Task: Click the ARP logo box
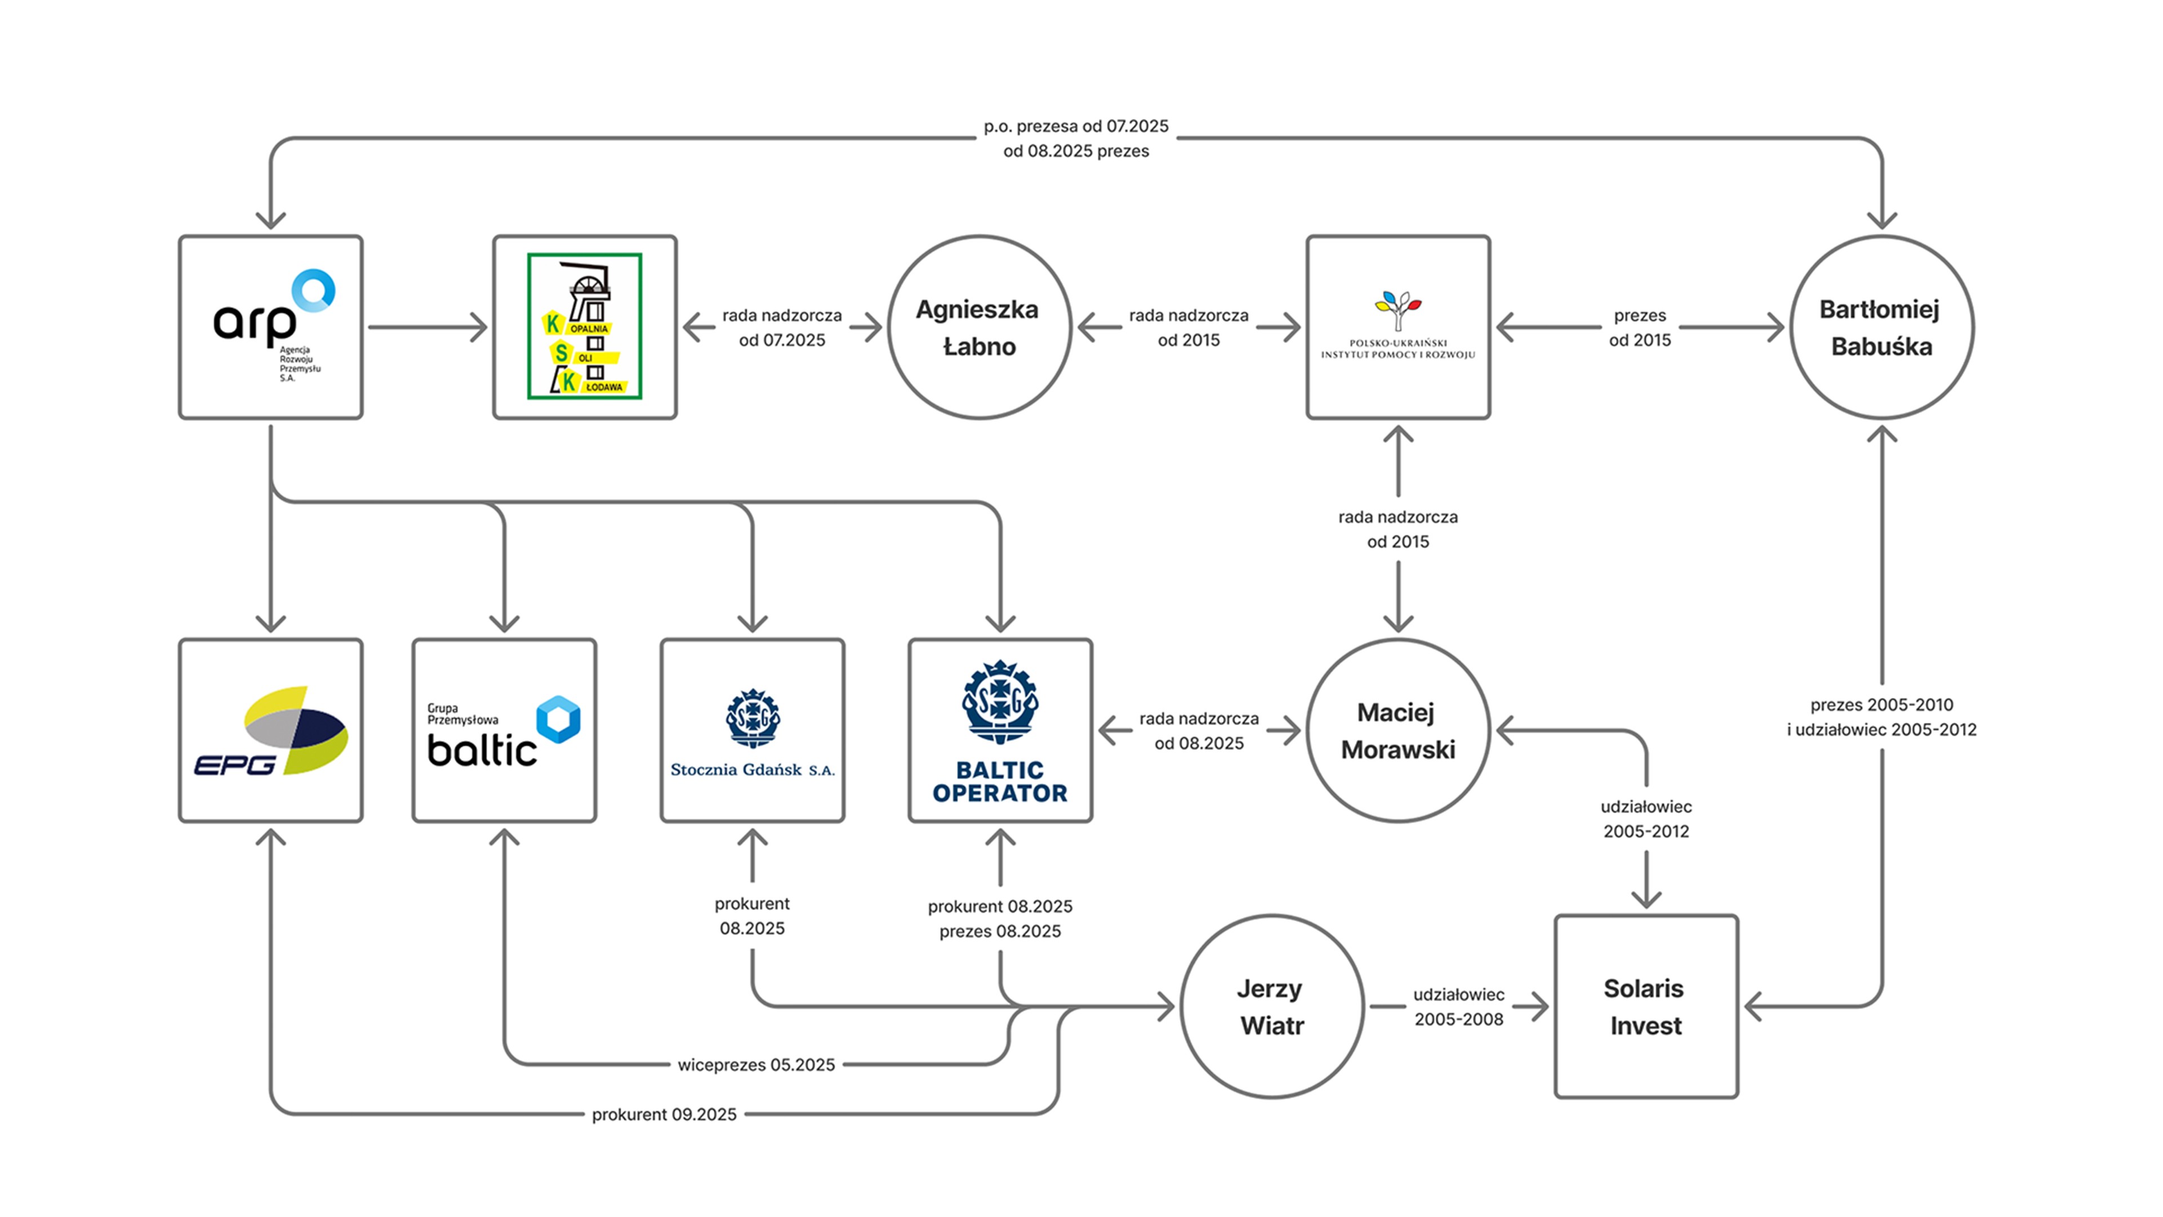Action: (x=270, y=327)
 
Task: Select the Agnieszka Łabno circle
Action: (x=979, y=327)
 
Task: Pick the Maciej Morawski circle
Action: (x=1398, y=731)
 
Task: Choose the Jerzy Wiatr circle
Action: (x=1272, y=1006)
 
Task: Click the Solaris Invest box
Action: (x=1646, y=1006)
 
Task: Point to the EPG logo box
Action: (x=270, y=731)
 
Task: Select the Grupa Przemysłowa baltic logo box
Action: (x=504, y=731)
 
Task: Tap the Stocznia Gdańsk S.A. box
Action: (x=753, y=731)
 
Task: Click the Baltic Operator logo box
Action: (x=1000, y=731)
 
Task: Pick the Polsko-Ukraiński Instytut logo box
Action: (x=1398, y=327)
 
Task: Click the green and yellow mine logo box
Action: (x=585, y=327)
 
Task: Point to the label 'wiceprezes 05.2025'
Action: (x=756, y=1065)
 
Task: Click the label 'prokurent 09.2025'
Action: (x=664, y=1114)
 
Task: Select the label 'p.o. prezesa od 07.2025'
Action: (x=1076, y=127)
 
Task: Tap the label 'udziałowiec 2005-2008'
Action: (x=1458, y=1006)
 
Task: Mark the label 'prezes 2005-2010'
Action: (x=1881, y=705)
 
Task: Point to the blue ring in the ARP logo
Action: (x=314, y=290)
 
